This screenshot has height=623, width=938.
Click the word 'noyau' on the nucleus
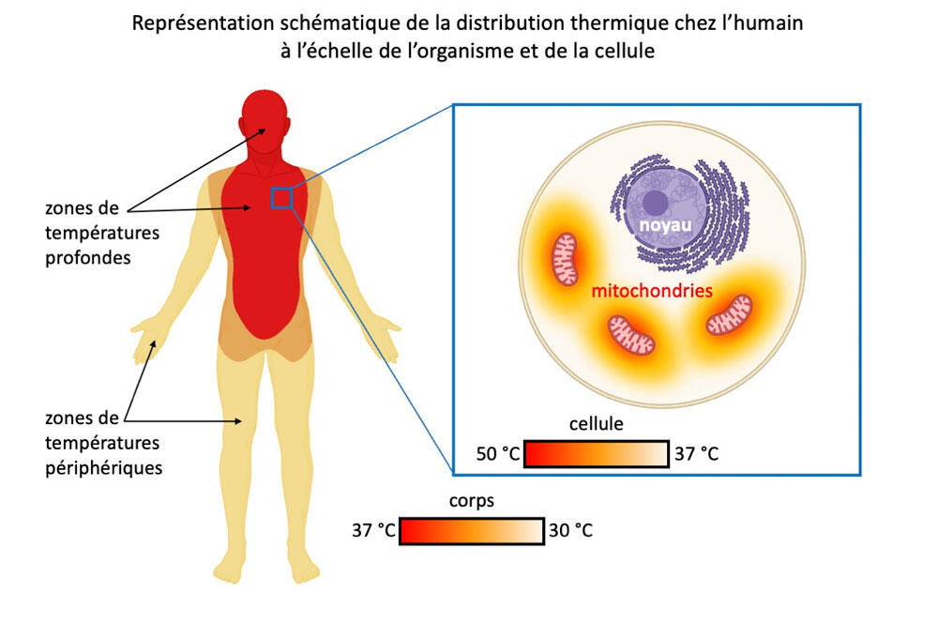pyautogui.click(x=665, y=225)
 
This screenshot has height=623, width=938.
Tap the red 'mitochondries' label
pyautogui.click(x=652, y=291)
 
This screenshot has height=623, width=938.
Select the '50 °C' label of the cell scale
pyautogui.click(x=498, y=453)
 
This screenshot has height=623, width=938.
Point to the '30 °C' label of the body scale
pyautogui.click(x=570, y=530)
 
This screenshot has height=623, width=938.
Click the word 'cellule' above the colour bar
pyautogui.click(x=596, y=424)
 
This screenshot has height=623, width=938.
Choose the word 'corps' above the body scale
pyautogui.click(x=472, y=501)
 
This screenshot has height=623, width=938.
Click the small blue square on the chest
pyautogui.click(x=281, y=197)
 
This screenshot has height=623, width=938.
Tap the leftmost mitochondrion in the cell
pyautogui.click(x=564, y=259)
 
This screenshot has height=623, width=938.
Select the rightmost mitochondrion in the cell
pyautogui.click(x=729, y=315)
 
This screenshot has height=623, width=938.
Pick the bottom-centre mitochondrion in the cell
pyautogui.click(x=631, y=335)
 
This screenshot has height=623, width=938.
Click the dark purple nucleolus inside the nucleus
pyautogui.click(x=655, y=203)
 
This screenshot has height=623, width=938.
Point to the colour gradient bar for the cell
pyautogui.click(x=597, y=453)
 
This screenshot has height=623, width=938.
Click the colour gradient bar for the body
pyautogui.click(x=472, y=531)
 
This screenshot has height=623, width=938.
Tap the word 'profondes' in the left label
pyautogui.click(x=88, y=258)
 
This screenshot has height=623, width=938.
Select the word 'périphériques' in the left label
pyautogui.click(x=104, y=468)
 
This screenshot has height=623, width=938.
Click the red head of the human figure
pyautogui.click(x=265, y=120)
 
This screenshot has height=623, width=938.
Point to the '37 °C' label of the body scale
pyautogui.click(x=373, y=530)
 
